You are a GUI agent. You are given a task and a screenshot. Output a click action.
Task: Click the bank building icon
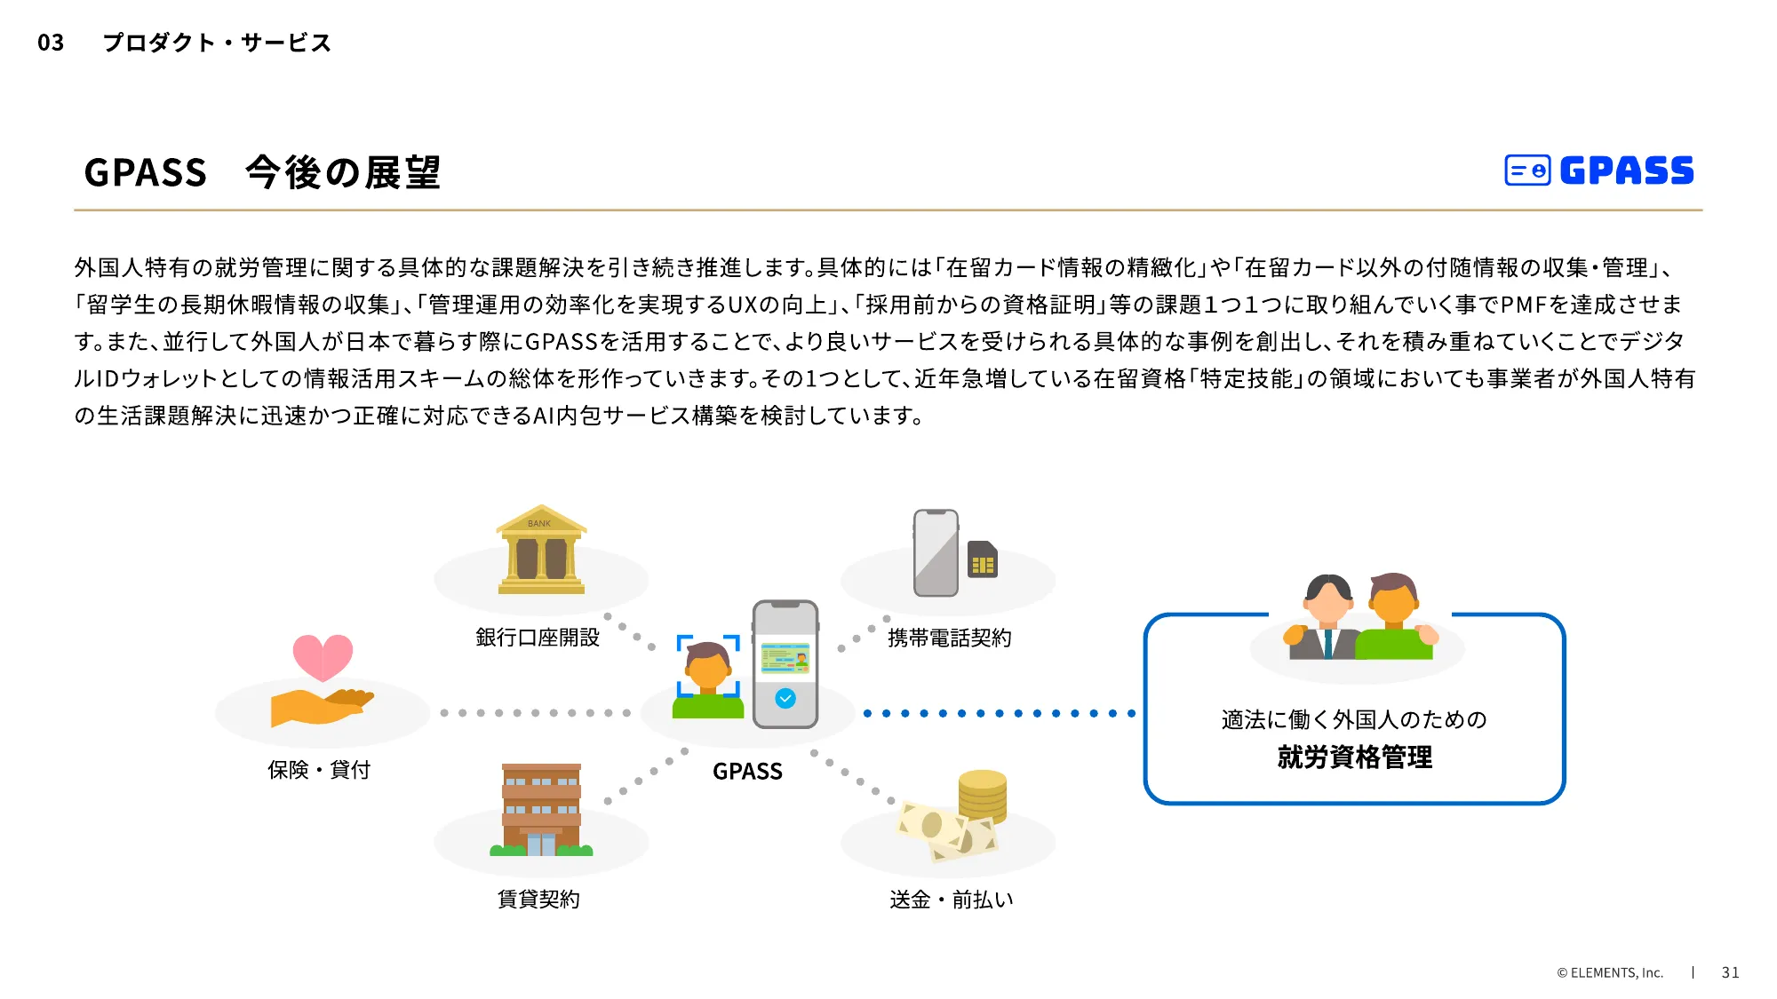(541, 550)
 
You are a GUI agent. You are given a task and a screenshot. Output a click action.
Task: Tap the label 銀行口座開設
(538, 638)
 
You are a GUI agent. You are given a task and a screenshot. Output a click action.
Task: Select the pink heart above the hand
(323, 656)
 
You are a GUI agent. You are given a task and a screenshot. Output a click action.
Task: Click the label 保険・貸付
(319, 770)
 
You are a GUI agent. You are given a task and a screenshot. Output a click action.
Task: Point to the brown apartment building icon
(541, 809)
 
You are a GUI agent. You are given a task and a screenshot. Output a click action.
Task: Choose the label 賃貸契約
(538, 900)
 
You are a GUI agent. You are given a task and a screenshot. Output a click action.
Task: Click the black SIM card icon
(982, 559)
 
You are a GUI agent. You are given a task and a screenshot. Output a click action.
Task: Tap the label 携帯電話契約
(949, 638)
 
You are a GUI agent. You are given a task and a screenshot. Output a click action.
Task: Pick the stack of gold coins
(982, 795)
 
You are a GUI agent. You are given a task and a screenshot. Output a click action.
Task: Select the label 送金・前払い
(951, 900)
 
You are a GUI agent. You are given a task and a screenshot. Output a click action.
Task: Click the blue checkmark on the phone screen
(785, 699)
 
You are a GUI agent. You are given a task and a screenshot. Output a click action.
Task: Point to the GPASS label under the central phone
(747, 772)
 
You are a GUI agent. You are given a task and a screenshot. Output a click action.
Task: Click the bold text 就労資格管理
(1354, 757)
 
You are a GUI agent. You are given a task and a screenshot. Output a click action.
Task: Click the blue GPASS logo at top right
(1599, 170)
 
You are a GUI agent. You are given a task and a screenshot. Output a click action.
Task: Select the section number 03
(51, 43)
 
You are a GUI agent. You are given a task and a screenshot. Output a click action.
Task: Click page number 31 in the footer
(1730, 972)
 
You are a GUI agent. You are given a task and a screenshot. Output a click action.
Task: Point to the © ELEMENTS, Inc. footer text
(1609, 972)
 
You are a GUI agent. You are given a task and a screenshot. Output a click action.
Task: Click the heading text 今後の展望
(343, 172)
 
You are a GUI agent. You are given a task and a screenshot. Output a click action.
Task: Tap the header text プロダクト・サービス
(217, 43)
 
